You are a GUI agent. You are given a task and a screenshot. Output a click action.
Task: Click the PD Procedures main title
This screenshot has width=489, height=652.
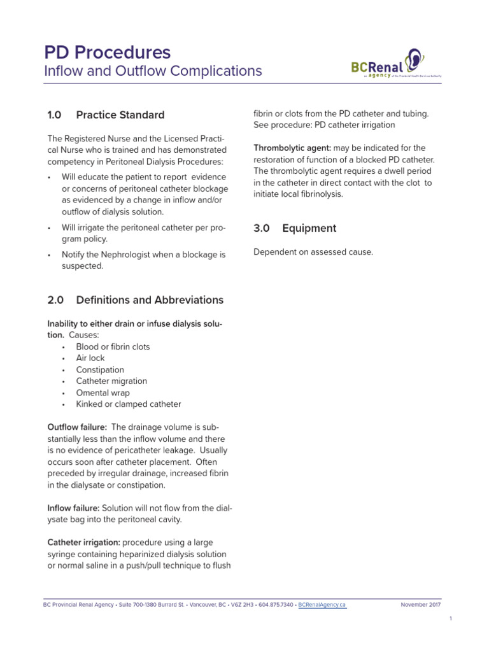(107, 52)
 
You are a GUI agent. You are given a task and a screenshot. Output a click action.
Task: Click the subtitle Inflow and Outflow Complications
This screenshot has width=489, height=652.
(153, 71)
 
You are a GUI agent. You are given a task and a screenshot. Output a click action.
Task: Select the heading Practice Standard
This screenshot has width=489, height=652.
(120, 115)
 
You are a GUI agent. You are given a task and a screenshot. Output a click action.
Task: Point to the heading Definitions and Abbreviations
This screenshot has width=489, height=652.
(150, 300)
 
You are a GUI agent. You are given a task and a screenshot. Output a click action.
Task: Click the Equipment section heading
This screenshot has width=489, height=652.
(309, 228)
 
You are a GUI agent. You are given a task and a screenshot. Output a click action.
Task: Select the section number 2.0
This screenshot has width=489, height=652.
(55, 300)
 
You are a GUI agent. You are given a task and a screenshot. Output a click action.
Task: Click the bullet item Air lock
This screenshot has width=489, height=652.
(90, 358)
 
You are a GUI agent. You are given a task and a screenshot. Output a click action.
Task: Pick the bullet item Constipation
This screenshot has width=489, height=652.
(100, 370)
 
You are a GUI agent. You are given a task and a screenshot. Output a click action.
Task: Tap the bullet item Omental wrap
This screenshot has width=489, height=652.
(103, 393)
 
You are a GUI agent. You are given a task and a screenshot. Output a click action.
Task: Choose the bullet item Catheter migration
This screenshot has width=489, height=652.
(111, 381)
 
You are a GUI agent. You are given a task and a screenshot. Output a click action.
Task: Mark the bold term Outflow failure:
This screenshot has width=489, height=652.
(77, 427)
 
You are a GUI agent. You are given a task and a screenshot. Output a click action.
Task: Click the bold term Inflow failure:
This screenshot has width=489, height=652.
(73, 508)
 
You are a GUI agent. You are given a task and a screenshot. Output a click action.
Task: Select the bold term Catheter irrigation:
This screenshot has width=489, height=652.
(83, 542)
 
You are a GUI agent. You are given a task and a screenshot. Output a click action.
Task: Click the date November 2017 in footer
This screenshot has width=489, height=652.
(420, 605)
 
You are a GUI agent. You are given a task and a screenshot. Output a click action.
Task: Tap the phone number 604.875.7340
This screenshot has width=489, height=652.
(276, 605)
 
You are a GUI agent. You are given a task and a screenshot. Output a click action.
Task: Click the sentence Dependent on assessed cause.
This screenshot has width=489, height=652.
(313, 252)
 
